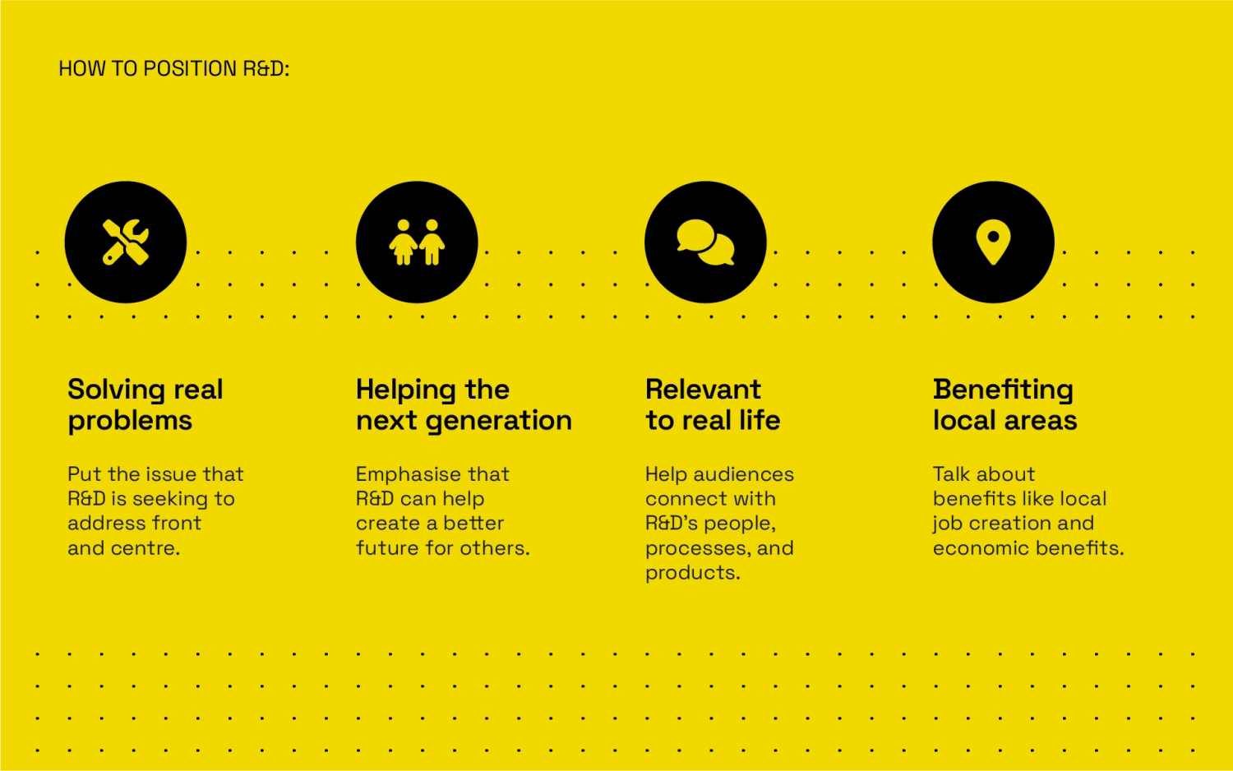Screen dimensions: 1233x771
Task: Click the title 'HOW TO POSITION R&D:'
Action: click(x=174, y=69)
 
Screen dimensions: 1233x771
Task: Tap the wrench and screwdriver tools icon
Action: click(x=126, y=242)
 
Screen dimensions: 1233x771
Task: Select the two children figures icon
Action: click(x=417, y=242)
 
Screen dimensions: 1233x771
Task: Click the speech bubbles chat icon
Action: click(x=705, y=242)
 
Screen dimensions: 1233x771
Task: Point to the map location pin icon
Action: click(x=993, y=241)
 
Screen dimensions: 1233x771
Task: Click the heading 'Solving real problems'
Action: click(x=145, y=405)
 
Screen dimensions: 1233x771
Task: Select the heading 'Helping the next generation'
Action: click(x=464, y=405)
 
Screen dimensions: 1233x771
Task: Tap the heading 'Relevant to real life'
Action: click(x=713, y=405)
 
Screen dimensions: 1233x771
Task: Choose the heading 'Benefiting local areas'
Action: click(x=1004, y=405)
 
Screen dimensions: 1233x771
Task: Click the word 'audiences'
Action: click(x=744, y=474)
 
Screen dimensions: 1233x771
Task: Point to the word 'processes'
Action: click(x=695, y=549)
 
